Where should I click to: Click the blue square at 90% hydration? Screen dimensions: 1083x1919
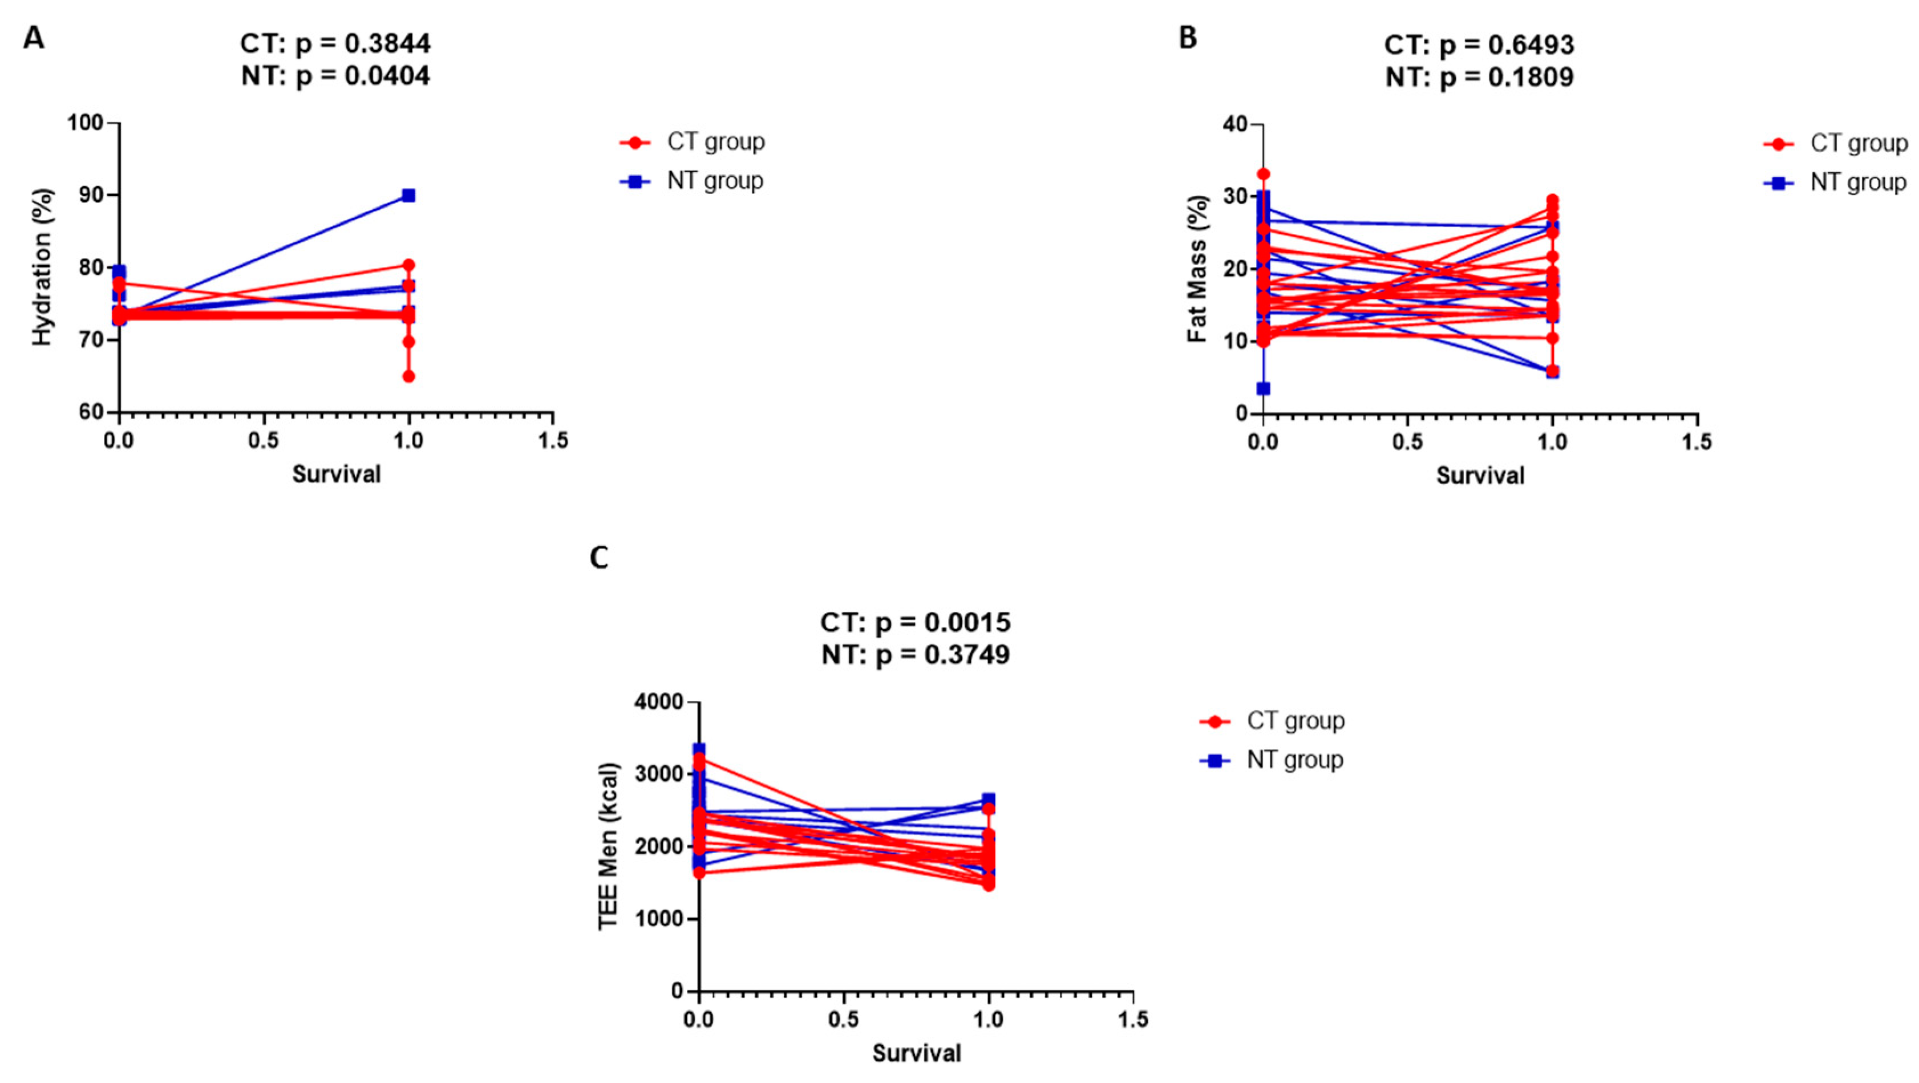coord(408,195)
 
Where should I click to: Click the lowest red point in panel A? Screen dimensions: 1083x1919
coord(408,376)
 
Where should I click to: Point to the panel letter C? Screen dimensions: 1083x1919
coord(599,557)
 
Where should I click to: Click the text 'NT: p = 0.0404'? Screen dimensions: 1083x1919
coord(335,76)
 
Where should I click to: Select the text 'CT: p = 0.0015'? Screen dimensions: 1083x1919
coord(915,622)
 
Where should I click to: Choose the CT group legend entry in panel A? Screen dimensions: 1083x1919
coord(693,141)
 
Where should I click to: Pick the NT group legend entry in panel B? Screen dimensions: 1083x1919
coord(1836,182)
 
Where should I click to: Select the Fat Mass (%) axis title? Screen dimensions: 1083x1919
coord(1197,269)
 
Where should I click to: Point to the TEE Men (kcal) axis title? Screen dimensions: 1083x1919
coord(609,846)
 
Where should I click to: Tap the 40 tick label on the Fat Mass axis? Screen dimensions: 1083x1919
coord(1234,124)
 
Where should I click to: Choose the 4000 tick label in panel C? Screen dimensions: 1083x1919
coord(658,701)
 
